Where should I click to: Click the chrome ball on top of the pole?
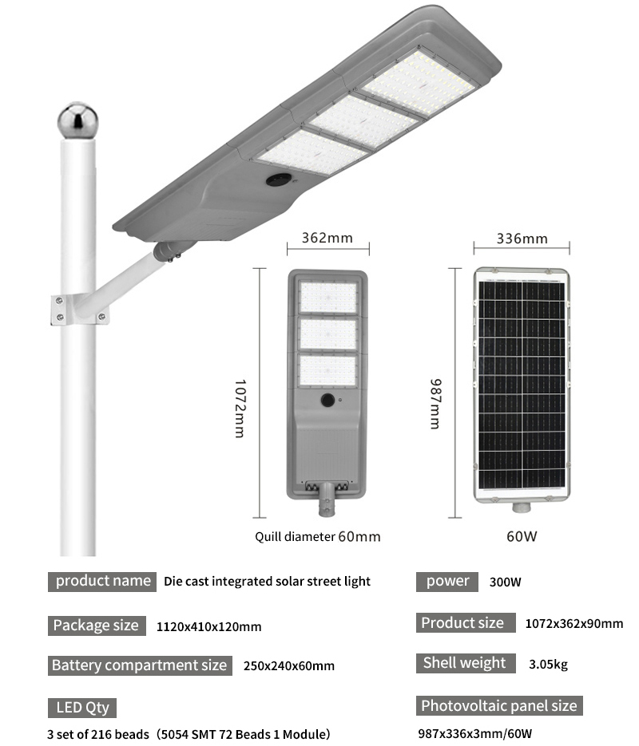(x=77, y=120)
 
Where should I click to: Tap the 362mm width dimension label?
(x=327, y=238)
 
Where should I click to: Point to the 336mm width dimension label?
(x=522, y=239)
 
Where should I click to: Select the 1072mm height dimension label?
(x=240, y=409)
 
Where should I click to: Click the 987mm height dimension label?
(x=435, y=404)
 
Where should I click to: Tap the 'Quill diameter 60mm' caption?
(x=318, y=537)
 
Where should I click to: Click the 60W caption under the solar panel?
(x=522, y=536)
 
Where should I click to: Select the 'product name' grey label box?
(x=102, y=582)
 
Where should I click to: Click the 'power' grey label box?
(x=447, y=582)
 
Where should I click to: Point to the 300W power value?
(x=505, y=582)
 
